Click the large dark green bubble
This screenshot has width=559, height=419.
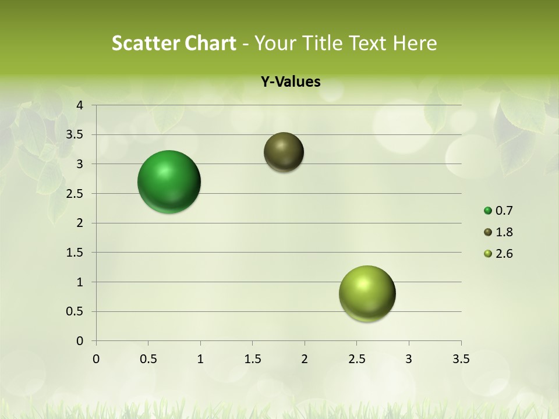(169, 182)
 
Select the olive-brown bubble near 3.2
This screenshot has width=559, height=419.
(284, 152)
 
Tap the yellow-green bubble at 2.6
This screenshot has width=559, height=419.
(367, 293)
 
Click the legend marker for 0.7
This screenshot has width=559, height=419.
(488, 211)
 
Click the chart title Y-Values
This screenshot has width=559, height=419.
(291, 81)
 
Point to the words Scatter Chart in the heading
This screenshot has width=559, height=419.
(174, 43)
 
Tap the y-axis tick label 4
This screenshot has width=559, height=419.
(80, 105)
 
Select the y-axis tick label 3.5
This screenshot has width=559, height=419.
(75, 135)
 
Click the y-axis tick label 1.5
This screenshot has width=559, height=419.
(75, 253)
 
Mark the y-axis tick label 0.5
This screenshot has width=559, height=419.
(75, 311)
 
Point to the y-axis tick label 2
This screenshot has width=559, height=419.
(80, 223)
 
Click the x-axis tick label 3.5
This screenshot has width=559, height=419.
(461, 359)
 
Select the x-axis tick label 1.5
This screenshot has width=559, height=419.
(252, 359)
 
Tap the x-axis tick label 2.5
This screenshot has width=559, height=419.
(356, 359)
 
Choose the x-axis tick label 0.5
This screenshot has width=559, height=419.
(148, 359)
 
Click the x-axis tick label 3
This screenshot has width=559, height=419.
(409, 359)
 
